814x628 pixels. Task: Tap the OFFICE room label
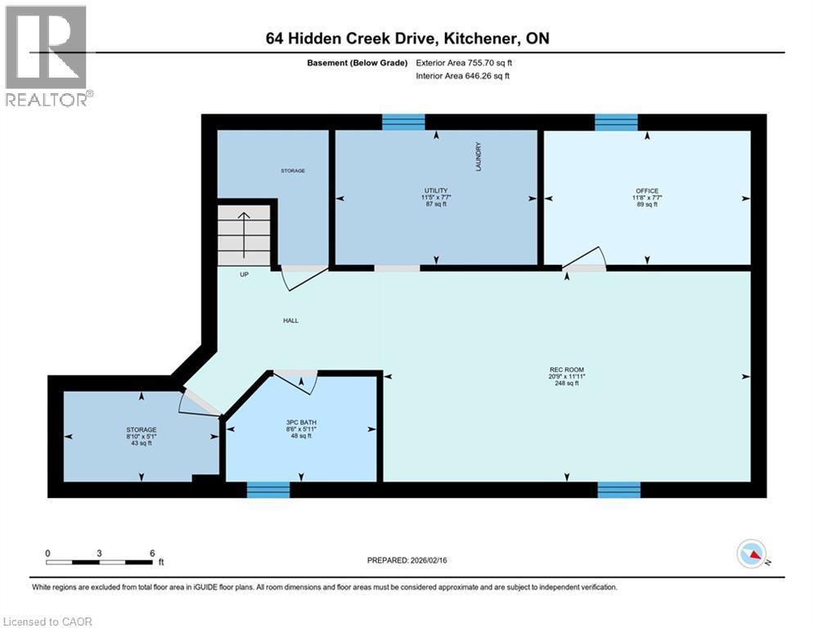647,191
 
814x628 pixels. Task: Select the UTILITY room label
434,191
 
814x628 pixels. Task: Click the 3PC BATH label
300,422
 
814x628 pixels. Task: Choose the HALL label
290,321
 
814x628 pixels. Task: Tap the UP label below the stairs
244,275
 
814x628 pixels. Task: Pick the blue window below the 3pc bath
268,490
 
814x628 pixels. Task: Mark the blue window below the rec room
618,490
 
